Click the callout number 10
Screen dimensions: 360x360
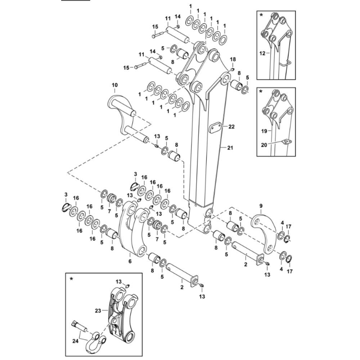[114, 85]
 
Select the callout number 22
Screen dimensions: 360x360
[231, 126]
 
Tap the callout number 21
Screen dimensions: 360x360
[230, 148]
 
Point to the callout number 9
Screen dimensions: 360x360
[261, 206]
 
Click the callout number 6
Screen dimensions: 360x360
[130, 261]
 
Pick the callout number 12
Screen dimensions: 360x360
[262, 54]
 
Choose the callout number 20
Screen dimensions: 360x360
[264, 145]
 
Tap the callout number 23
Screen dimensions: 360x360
[98, 311]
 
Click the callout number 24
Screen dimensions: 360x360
[75, 341]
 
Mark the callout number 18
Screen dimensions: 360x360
[233, 59]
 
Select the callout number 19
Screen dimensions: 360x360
[264, 131]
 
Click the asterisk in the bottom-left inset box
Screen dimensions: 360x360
[71, 279]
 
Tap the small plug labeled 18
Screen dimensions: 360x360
[232, 69]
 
